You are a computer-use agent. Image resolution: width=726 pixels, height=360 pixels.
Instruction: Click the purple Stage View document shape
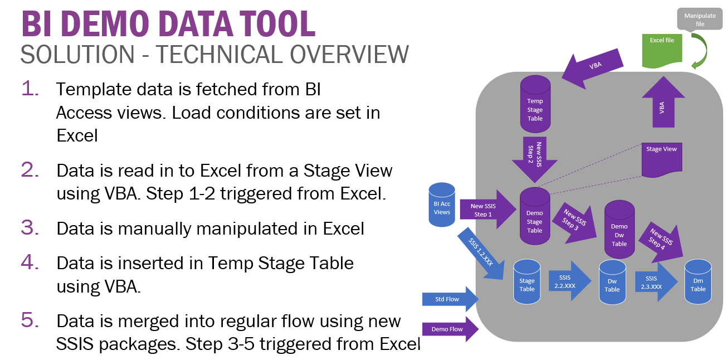point(662,158)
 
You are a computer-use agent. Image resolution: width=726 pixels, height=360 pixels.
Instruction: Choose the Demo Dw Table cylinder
point(619,230)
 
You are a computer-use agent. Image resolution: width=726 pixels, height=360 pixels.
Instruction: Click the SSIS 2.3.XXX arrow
point(655,282)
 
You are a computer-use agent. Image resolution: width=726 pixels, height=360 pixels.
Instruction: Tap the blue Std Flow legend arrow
point(450,299)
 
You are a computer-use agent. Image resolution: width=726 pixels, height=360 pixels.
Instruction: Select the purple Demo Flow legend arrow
point(450,329)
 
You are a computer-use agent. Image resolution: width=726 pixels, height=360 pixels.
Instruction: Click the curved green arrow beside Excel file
point(699,51)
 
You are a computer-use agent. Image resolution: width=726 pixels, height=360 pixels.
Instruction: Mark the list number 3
point(30,227)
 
